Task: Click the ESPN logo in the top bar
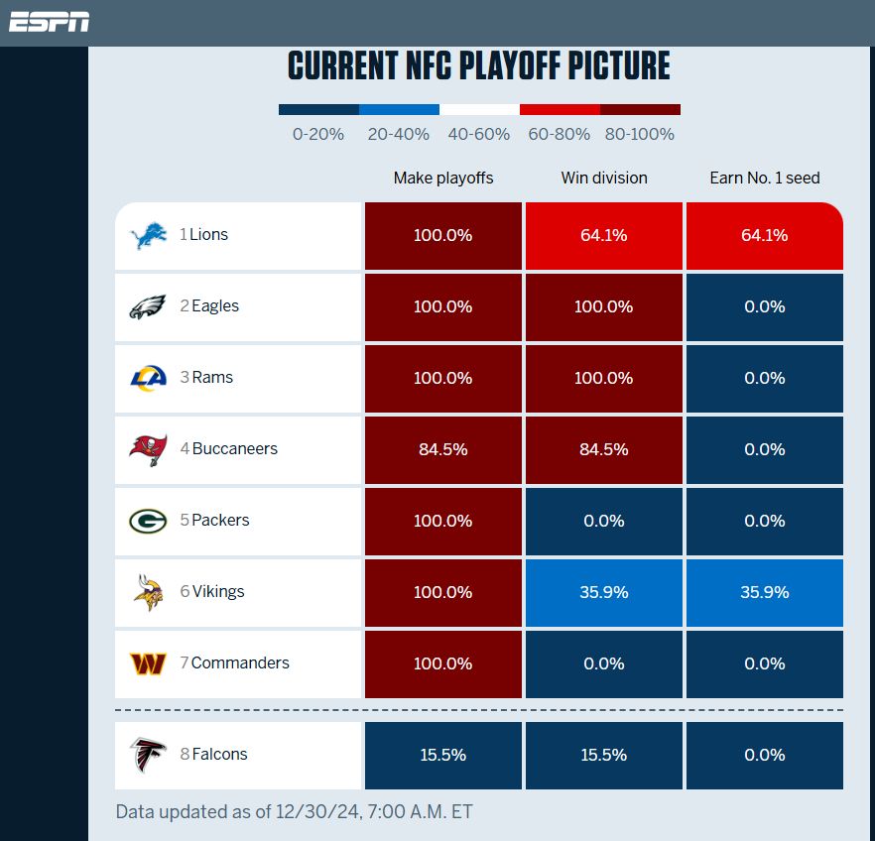[x=50, y=22]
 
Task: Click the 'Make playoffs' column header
[x=443, y=179]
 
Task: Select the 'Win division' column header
[x=603, y=179]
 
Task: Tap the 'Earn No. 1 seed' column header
[x=764, y=179]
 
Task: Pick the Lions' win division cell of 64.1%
[x=603, y=236]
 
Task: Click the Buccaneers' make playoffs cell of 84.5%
[x=443, y=449]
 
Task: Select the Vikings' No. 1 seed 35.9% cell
[x=764, y=592]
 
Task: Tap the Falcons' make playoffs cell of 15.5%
[x=443, y=755]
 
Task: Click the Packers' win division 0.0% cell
[x=603, y=521]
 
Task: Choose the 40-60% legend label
[x=479, y=134]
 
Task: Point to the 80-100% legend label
[x=640, y=134]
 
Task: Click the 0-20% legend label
[x=318, y=134]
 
